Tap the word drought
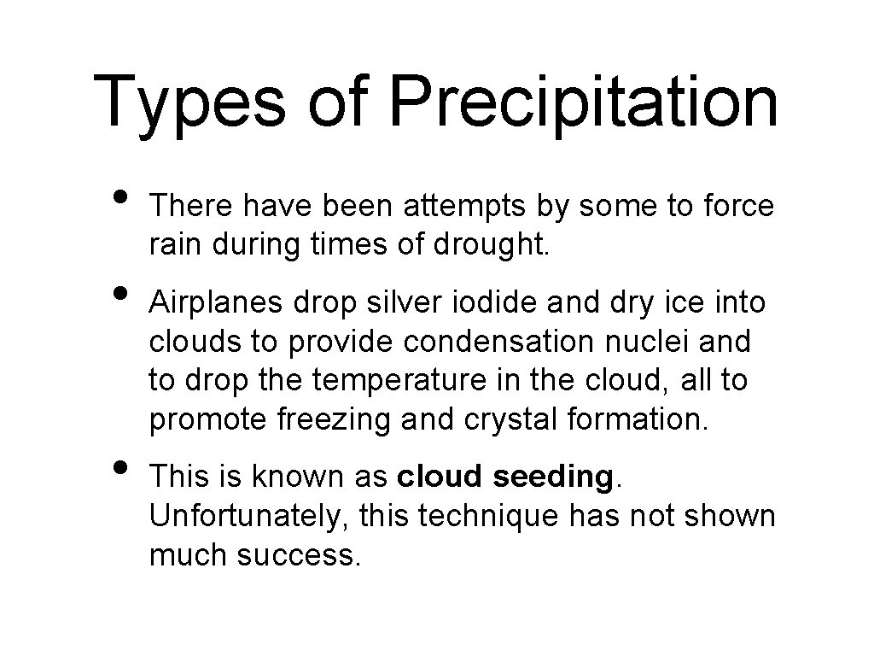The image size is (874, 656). pyautogui.click(x=492, y=245)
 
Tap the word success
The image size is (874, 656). pyautogui.click(x=300, y=555)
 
